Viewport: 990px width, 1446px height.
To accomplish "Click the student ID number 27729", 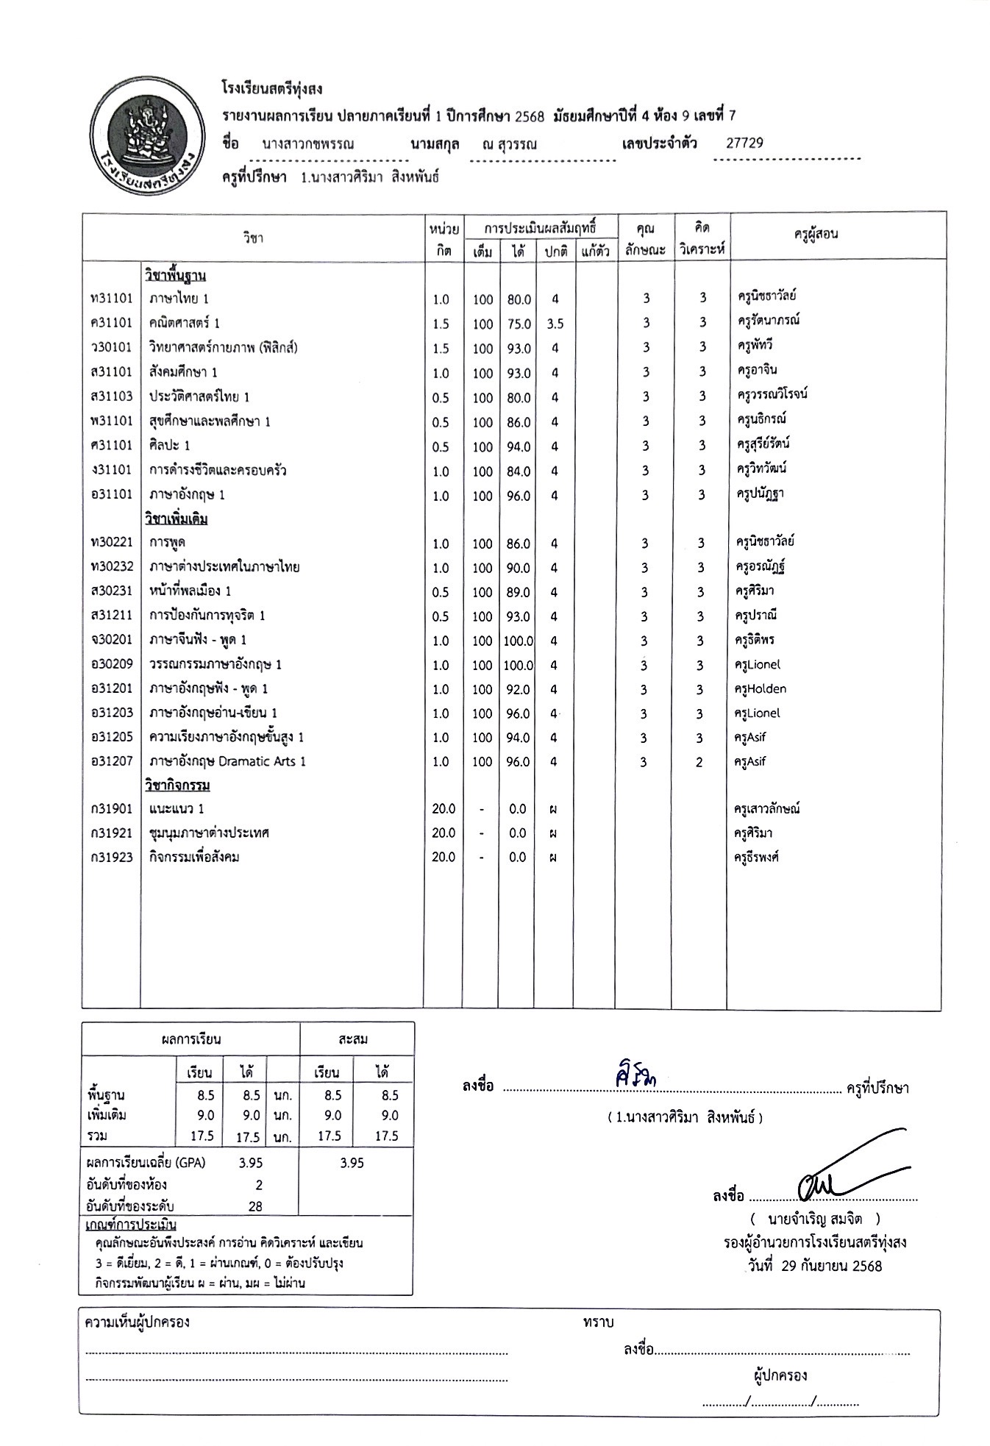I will tap(744, 143).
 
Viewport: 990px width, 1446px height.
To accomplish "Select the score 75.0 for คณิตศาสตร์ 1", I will tap(519, 324).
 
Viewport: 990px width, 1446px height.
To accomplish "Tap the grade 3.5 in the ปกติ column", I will tap(555, 324).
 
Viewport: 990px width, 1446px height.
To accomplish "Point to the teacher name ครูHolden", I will tap(760, 689).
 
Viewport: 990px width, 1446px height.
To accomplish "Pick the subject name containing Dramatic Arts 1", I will tap(227, 761).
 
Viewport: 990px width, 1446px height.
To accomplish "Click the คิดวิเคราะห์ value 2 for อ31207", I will tap(699, 762).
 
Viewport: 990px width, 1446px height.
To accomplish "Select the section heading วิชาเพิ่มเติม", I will tap(177, 519).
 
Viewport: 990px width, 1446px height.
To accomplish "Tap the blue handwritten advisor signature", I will tap(635, 1075).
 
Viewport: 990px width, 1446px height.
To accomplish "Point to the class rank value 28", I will tap(255, 1206).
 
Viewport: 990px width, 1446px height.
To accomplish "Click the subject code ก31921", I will tap(111, 833).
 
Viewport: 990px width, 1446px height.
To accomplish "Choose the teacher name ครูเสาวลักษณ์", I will tap(766, 809).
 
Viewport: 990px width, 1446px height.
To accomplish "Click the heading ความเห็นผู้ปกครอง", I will tap(138, 1322).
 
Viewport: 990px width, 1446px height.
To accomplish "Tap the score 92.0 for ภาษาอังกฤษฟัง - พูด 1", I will tap(518, 689).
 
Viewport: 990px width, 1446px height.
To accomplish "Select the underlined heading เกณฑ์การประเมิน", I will tap(131, 1225).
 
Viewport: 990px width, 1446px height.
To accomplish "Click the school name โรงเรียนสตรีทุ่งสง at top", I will tap(272, 89).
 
